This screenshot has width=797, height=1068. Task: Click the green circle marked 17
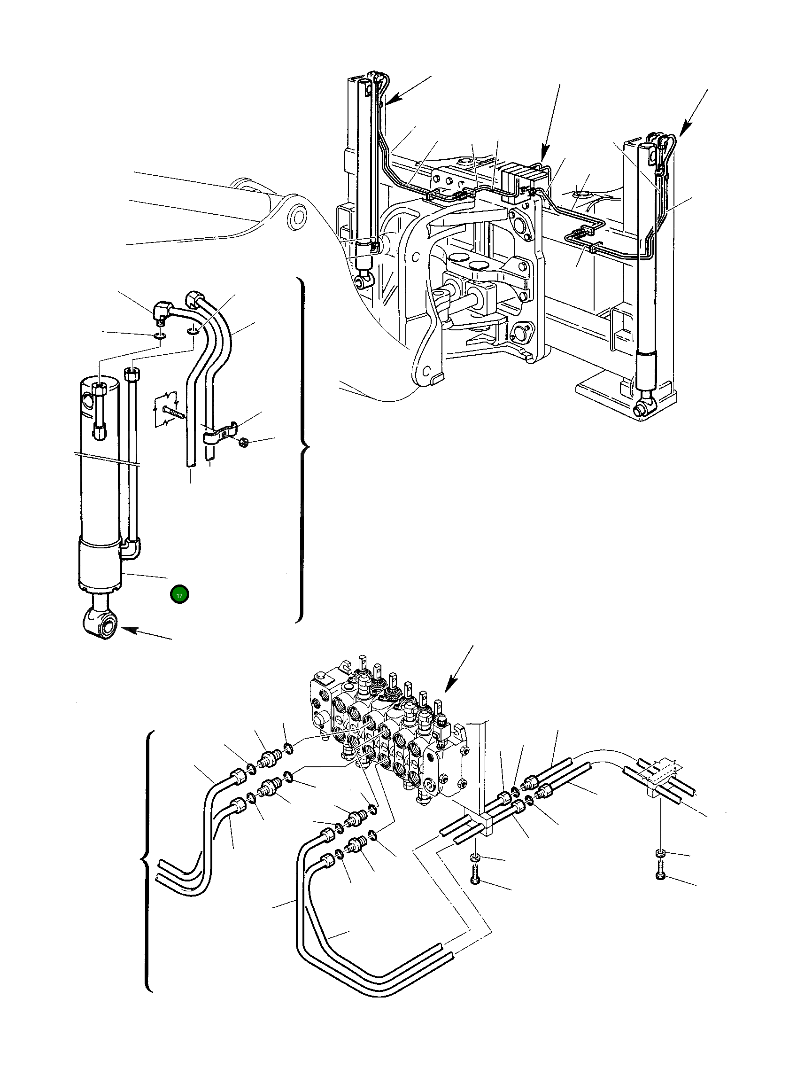pyautogui.click(x=179, y=595)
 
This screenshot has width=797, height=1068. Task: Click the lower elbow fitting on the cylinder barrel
pyautogui.click(x=131, y=548)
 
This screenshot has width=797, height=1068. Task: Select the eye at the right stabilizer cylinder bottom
pyautogui.click(x=642, y=410)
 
